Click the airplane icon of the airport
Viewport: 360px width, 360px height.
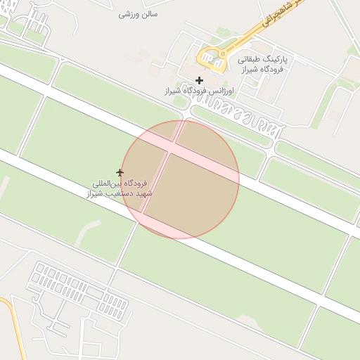pos(120,172)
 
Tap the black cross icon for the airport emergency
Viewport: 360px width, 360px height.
pos(200,80)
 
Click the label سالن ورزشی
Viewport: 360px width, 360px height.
pos(139,14)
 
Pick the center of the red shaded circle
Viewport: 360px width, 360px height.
pos(180,180)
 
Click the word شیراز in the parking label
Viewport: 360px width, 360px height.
pos(252,70)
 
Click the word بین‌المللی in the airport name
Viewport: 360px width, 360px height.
pos(115,183)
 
